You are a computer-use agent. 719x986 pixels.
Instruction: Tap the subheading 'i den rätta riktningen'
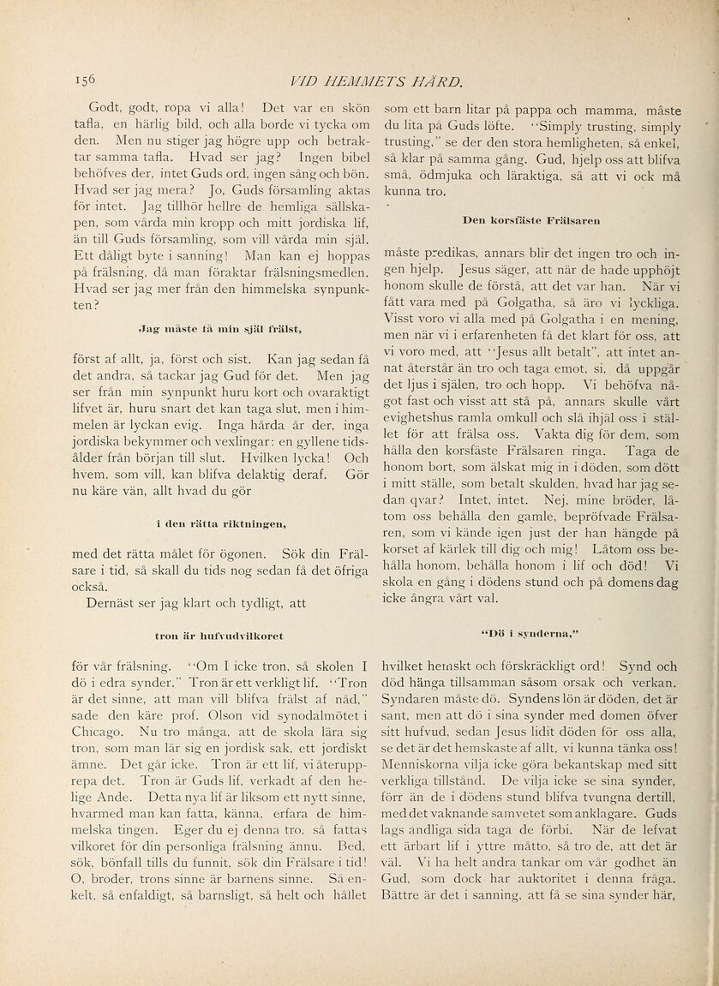(221, 521)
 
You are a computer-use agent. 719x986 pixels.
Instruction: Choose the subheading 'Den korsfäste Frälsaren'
(530, 220)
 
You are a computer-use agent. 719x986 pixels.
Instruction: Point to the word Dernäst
(120, 602)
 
